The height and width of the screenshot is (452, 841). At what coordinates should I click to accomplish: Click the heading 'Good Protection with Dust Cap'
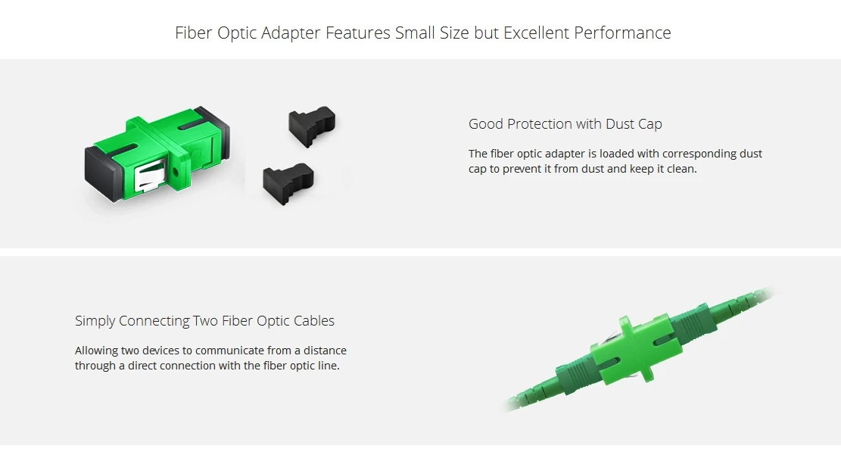tap(565, 124)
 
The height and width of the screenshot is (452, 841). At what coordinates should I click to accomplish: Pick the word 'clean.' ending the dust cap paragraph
tap(681, 169)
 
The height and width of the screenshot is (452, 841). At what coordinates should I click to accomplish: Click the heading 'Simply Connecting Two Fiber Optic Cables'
tap(204, 321)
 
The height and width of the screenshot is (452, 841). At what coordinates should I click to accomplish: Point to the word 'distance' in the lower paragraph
tap(325, 351)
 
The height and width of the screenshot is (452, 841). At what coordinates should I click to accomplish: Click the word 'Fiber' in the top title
tap(194, 33)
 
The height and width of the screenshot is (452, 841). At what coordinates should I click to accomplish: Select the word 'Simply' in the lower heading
tap(95, 321)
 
